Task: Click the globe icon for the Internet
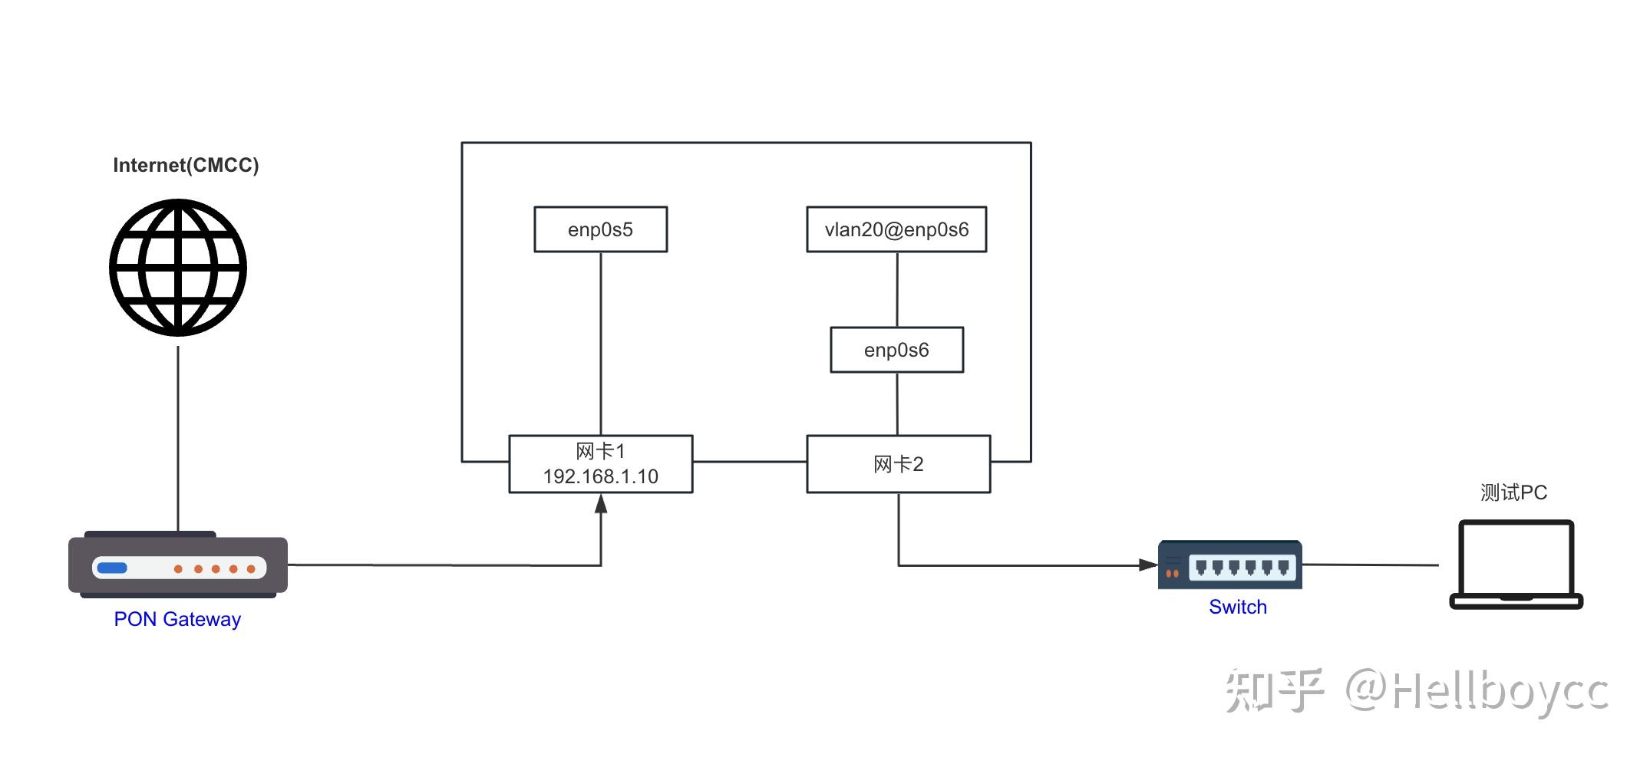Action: pos(178,268)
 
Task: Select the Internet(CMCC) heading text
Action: pos(186,166)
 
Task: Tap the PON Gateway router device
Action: pos(178,565)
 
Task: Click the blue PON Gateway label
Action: pos(177,619)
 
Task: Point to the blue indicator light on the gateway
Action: pos(112,568)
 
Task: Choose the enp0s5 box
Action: pos(601,229)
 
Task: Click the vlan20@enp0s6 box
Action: pos(896,229)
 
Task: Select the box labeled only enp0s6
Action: pos(897,350)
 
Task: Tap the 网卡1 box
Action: pos(601,464)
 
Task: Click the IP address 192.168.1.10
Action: pos(601,476)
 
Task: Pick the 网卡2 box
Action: pos(899,464)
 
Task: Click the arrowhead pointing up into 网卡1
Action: pos(601,503)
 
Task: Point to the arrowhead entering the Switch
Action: pos(1148,565)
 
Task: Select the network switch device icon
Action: pos(1230,565)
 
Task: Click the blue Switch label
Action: pos(1238,607)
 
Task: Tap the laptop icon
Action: pos(1516,565)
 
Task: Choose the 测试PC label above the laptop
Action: pos(1514,492)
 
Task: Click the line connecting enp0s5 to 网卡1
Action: pos(601,344)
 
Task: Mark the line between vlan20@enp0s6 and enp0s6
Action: pos(897,290)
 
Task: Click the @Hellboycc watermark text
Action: pos(1477,692)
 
